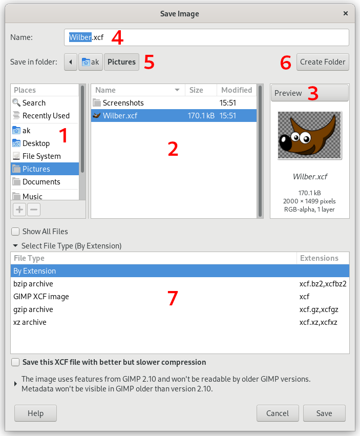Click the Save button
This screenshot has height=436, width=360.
(324, 413)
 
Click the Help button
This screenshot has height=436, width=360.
(35, 413)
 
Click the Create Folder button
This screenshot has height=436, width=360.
(323, 62)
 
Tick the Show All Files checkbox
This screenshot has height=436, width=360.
(16, 232)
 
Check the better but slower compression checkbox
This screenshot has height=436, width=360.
(16, 362)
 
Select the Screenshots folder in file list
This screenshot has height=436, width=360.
(123, 103)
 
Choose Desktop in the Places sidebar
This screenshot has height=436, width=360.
(36, 143)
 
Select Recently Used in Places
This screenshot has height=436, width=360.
(46, 116)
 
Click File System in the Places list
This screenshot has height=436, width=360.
(41, 156)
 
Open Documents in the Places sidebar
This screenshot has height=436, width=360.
(41, 182)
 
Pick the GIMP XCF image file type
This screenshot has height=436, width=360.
(41, 297)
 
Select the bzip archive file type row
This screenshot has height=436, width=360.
(33, 284)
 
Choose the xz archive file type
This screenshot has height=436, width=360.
(30, 322)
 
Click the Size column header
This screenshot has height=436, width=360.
(196, 90)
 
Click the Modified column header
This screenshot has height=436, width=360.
(236, 90)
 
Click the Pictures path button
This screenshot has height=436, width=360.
(121, 62)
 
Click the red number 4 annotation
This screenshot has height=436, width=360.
(117, 37)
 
